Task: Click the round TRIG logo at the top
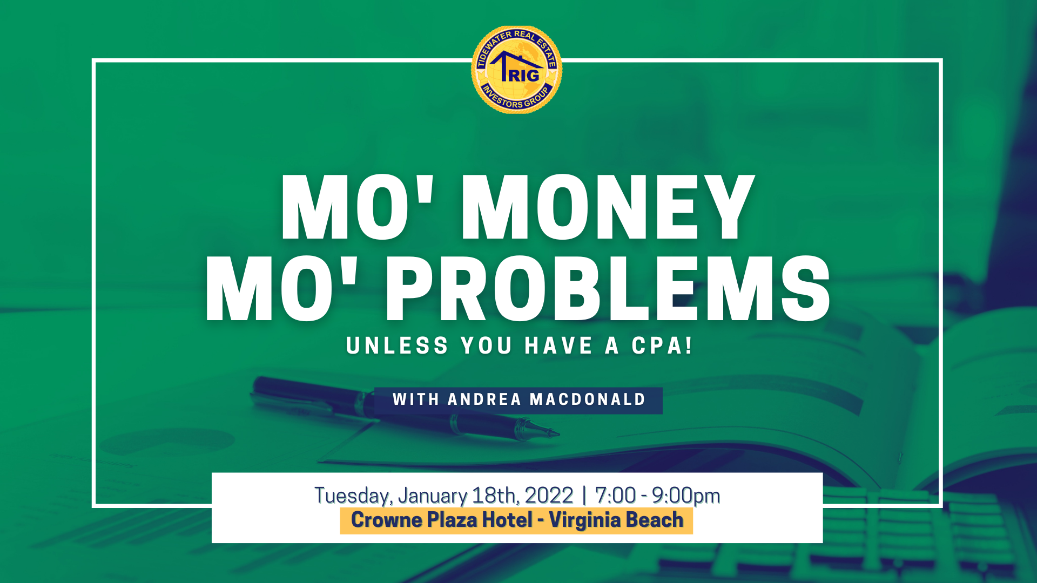[517, 70]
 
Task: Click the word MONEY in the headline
[608, 207]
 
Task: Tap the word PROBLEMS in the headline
[608, 289]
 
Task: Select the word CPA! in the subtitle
[662, 345]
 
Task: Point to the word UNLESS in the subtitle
[397, 345]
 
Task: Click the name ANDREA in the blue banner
[484, 399]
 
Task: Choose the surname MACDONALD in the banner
[588, 399]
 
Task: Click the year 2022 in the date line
[549, 495]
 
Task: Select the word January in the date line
[433, 496]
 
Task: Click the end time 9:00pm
[686, 496]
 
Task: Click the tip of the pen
[558, 433]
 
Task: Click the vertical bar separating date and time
[584, 496]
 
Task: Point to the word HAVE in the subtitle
[558, 345]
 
